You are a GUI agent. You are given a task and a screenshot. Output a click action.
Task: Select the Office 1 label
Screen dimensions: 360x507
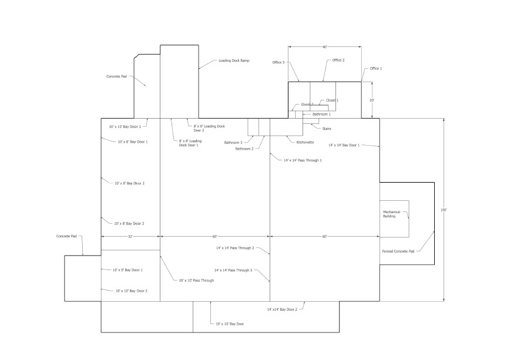tap(375, 69)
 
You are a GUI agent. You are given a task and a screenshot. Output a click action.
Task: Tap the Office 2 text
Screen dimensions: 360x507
tap(338, 60)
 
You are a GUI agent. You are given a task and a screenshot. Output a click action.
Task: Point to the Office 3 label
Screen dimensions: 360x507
tap(278, 62)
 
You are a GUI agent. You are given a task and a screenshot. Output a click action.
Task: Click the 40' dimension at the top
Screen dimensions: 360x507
tap(324, 46)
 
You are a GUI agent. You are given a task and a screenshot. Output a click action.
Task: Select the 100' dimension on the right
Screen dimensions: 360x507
tap(444, 210)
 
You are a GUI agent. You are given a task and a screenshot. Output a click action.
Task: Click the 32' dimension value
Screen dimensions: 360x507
tap(130, 236)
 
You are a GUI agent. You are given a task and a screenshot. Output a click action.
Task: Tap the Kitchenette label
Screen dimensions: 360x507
tap(305, 142)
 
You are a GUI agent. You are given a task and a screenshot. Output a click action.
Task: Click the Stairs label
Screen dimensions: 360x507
tap(318, 128)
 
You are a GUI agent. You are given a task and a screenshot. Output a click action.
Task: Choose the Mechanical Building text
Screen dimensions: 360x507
tap(392, 214)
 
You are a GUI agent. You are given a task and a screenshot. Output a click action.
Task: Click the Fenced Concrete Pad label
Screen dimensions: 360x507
tap(398, 251)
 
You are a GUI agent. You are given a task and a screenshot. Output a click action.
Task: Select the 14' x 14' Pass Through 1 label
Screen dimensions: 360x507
tap(303, 160)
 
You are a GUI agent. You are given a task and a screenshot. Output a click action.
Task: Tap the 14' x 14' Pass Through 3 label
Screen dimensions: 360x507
tap(233, 270)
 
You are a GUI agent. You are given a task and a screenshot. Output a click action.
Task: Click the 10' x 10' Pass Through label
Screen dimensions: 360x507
tap(196, 281)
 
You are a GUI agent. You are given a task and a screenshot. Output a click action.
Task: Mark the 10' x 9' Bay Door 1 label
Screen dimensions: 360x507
tap(127, 270)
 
